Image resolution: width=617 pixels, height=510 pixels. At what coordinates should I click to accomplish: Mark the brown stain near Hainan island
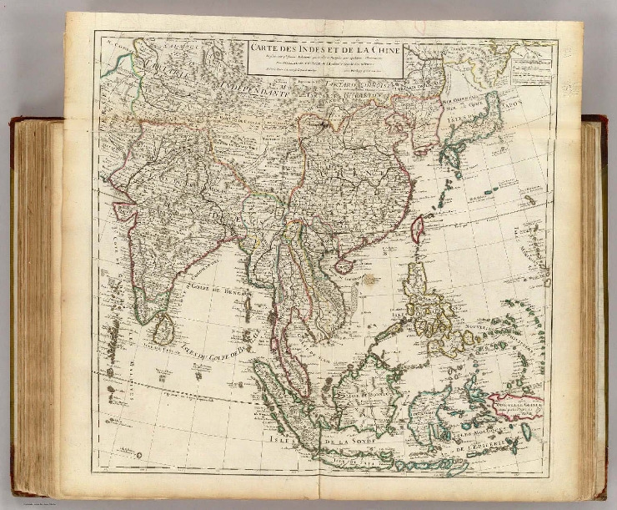[x=368, y=269]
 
